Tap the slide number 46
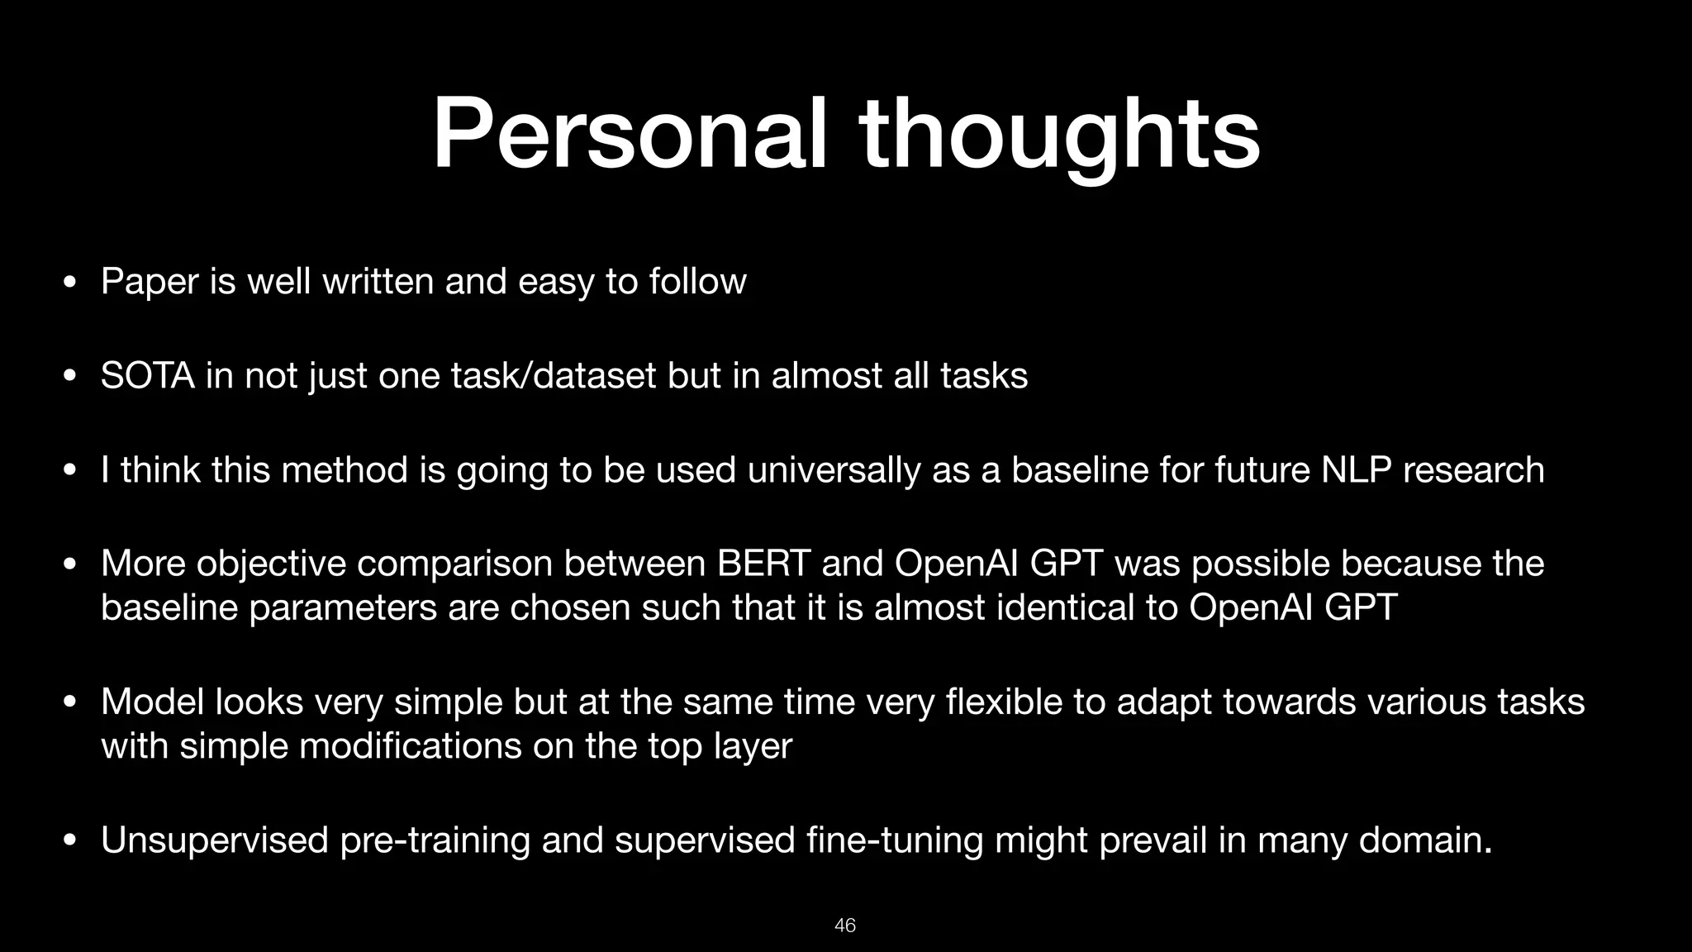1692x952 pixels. pyautogui.click(x=845, y=926)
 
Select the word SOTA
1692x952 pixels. pyautogui.click(x=147, y=376)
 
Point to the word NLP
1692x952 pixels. pyautogui.click(x=1357, y=470)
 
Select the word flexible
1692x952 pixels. pyautogui.click(x=1000, y=702)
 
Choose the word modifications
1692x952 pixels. pyautogui.click(x=410, y=746)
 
